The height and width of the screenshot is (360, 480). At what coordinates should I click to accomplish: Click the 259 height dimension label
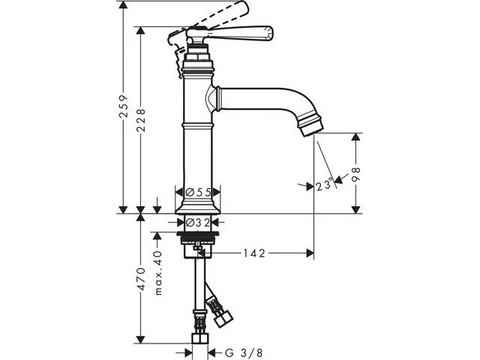point(124,106)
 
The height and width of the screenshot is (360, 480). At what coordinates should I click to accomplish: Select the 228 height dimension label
point(141,120)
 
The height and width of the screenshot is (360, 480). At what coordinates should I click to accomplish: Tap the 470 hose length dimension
point(141,278)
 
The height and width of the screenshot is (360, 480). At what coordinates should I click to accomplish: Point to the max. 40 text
point(158,273)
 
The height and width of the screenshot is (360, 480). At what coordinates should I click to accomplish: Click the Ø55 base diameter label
point(198,192)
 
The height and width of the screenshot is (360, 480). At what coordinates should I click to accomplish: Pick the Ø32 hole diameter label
point(198,223)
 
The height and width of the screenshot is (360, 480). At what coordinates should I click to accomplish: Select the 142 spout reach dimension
point(253,253)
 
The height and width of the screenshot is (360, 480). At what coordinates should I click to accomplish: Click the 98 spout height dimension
point(355,175)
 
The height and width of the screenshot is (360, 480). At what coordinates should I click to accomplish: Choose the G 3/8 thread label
point(244,352)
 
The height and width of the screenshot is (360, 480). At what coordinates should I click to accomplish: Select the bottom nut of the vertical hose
point(199,338)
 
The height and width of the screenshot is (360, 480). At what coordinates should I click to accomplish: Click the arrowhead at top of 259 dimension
point(123,5)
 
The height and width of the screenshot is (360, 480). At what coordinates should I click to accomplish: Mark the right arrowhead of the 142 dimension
point(310,253)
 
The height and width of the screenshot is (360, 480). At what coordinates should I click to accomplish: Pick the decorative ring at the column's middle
point(198,125)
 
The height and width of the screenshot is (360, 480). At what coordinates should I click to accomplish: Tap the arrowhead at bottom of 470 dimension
point(140,340)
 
